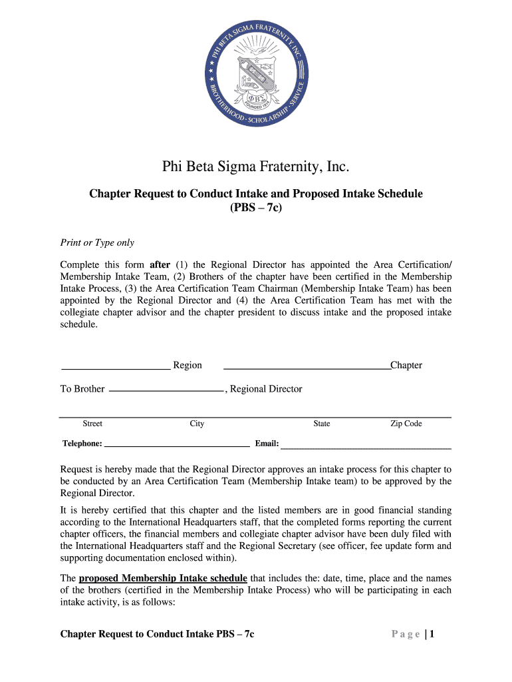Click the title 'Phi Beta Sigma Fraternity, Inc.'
pos(256,167)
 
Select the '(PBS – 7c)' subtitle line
pos(256,207)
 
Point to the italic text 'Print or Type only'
pos(97,243)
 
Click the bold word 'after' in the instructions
pos(160,264)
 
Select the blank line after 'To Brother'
pos(166,390)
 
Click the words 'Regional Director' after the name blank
pos(266,389)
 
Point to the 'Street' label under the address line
pos(92,424)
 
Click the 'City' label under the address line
pos(197,424)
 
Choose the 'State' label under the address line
pos(322,424)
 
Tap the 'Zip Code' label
pos(406,424)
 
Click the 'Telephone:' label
pos(82,444)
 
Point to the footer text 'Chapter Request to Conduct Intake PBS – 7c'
pos(157,635)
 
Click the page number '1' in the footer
pos(432,635)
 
